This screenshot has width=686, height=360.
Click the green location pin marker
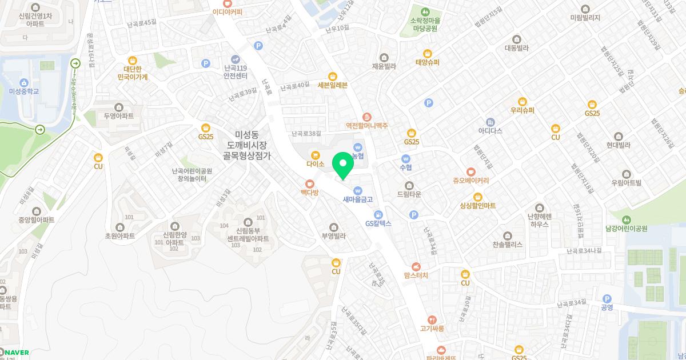pos(343,166)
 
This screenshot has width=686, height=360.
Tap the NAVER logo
pos(15,353)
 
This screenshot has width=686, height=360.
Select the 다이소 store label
pos(315,163)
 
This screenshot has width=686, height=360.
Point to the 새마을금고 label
pos(358,199)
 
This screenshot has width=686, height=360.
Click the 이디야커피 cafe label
pos(227,11)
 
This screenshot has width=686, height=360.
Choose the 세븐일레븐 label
pos(333,85)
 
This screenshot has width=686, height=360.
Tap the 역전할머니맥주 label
pos(366,125)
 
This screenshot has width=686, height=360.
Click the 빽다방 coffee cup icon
pos(310,184)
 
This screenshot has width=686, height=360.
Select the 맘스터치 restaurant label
pos(416,275)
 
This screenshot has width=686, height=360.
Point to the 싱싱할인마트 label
pos(477,205)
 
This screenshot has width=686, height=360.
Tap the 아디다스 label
pos(490,131)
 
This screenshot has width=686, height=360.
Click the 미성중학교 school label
pos(24,91)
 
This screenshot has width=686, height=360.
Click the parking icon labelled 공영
pos(607,299)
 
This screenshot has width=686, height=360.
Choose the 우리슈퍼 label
pos(522,110)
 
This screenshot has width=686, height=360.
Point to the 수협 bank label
pos(406,167)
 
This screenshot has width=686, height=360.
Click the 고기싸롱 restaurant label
pos(432,328)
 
